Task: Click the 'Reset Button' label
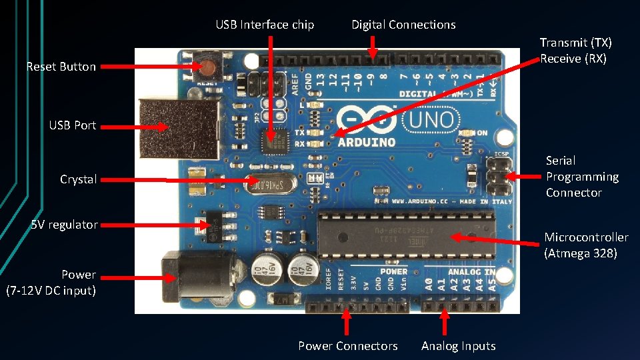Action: click(x=61, y=67)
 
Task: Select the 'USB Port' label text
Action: click(x=72, y=125)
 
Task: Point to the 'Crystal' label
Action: click(x=78, y=179)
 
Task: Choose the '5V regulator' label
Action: click(x=64, y=225)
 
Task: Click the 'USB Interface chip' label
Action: click(x=265, y=25)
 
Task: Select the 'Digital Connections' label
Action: click(x=403, y=25)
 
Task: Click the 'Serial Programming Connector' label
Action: click(x=582, y=177)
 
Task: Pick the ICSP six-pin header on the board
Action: click(x=499, y=175)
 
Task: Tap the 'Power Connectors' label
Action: click(x=347, y=346)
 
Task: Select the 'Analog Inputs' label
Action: click(x=458, y=346)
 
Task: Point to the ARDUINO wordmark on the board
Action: click(x=366, y=142)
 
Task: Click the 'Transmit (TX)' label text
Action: click(x=575, y=43)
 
